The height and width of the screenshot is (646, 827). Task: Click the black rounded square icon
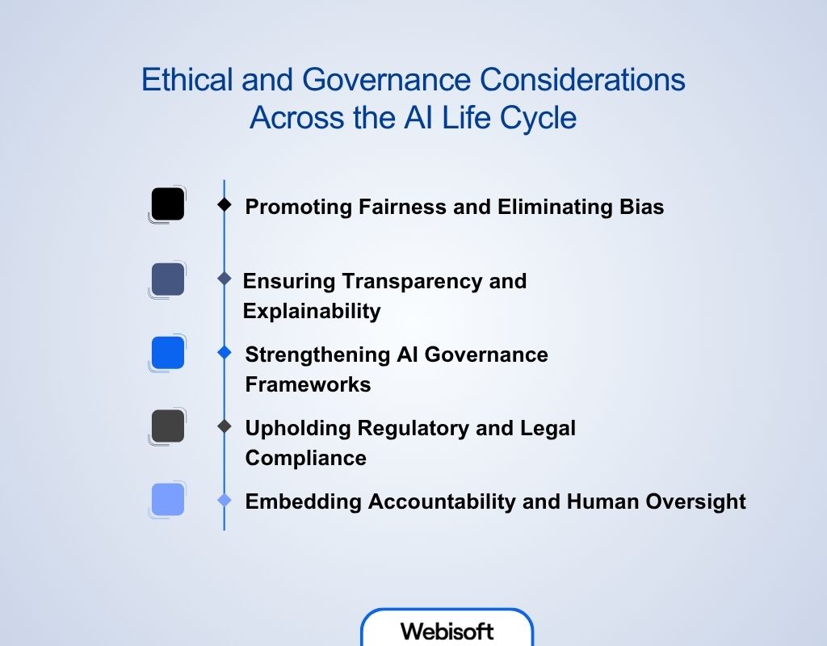pos(168,203)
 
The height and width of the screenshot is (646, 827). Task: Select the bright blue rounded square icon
pos(168,353)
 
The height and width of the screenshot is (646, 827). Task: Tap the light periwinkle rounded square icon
pos(168,499)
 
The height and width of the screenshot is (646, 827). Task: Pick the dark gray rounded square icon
pos(168,426)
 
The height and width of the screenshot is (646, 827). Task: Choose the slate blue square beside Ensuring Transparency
pos(168,279)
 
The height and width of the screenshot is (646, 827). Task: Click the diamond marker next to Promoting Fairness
pos(225,205)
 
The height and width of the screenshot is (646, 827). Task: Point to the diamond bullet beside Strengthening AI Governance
pos(225,353)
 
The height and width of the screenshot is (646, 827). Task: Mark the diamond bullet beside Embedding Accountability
pos(225,501)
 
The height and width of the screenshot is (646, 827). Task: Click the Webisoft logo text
pos(447,631)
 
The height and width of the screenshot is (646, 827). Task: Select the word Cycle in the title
pos(539,118)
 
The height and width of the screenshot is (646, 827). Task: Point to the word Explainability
pos(312,311)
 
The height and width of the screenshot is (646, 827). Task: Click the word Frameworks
pos(308,384)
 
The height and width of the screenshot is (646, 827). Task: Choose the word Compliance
pos(305,458)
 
